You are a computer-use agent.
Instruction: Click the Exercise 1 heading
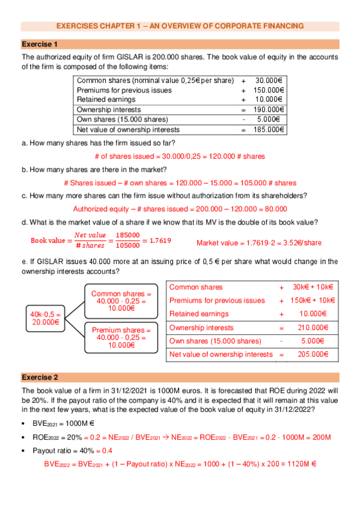pyautogui.click(x=40, y=45)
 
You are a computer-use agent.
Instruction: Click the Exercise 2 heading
pyautogui.click(x=40, y=377)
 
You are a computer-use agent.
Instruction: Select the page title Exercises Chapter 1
pyautogui.click(x=180, y=26)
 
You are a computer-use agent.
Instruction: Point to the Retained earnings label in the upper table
pyautogui.click(x=103, y=99)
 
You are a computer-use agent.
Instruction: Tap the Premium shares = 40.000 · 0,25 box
pyautogui.click(x=120, y=337)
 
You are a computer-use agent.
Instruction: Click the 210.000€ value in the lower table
pyautogui.click(x=311, y=328)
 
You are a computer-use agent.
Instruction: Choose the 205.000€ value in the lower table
pyautogui.click(x=311, y=354)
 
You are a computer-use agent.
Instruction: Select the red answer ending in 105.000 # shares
pyautogui.click(x=180, y=183)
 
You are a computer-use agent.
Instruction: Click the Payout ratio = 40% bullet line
pyautogui.click(x=72, y=450)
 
